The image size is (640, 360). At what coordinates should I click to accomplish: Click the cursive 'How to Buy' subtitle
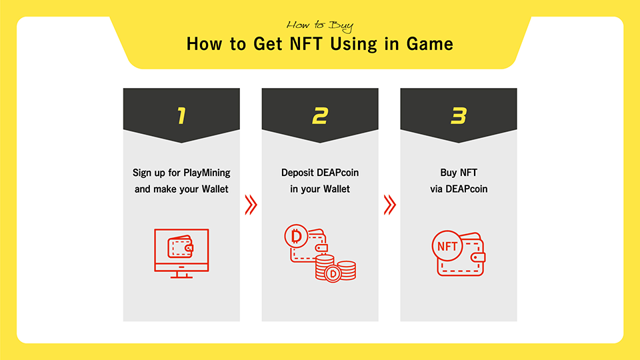tap(320, 26)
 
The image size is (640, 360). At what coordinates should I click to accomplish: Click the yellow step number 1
tap(181, 115)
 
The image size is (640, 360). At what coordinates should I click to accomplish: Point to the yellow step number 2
tap(320, 115)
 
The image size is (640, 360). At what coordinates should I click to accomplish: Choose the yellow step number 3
tap(459, 115)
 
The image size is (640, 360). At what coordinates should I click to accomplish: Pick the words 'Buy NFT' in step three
tap(459, 173)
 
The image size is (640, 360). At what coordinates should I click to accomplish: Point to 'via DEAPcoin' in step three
tap(459, 189)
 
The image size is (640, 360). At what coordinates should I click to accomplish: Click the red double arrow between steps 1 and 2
tap(251, 205)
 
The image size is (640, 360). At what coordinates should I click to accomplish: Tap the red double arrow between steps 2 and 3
tap(390, 205)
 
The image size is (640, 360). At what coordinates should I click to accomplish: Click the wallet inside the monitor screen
tap(181, 247)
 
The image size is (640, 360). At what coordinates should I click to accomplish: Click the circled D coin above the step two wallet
tap(296, 236)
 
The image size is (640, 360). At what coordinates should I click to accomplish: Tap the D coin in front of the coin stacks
tap(333, 273)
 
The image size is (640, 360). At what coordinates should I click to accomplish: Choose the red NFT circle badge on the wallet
tap(447, 246)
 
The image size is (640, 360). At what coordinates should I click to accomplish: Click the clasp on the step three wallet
tap(478, 257)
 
